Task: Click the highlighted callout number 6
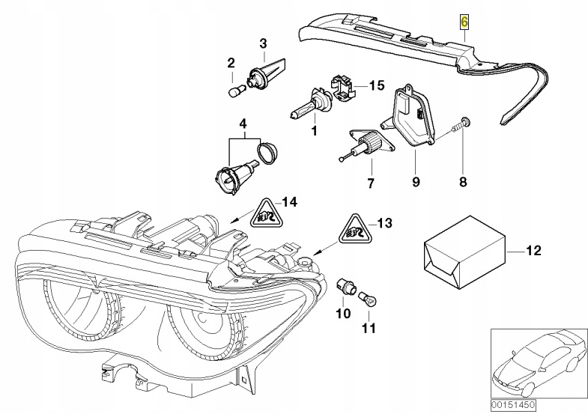(x=464, y=22)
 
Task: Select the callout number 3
(x=263, y=43)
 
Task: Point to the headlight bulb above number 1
(x=309, y=103)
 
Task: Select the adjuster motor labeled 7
(x=366, y=144)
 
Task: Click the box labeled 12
(x=464, y=252)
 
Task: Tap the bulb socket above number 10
(x=346, y=287)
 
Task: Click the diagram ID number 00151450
(x=513, y=404)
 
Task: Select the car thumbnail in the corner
(x=539, y=363)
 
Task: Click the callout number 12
(x=534, y=250)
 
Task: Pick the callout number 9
(x=416, y=182)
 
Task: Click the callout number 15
(x=377, y=85)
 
